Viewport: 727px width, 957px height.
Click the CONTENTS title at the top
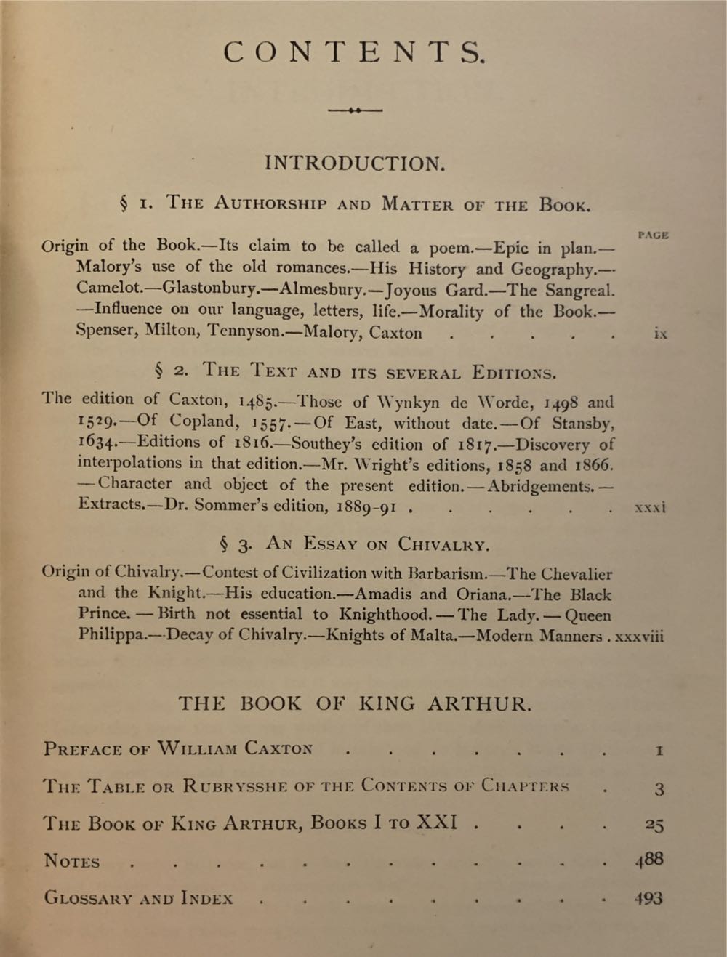(353, 52)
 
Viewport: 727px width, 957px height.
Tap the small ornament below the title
(355, 110)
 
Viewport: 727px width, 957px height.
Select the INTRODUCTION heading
(354, 163)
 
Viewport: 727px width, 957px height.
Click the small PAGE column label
(653, 235)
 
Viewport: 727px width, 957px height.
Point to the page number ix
(660, 335)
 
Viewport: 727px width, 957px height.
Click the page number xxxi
(650, 508)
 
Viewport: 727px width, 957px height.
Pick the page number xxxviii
(640, 637)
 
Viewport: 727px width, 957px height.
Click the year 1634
(96, 443)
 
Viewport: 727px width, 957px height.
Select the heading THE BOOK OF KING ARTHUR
(354, 703)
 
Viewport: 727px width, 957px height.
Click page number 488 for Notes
(648, 859)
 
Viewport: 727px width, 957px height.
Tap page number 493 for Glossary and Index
(648, 898)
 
